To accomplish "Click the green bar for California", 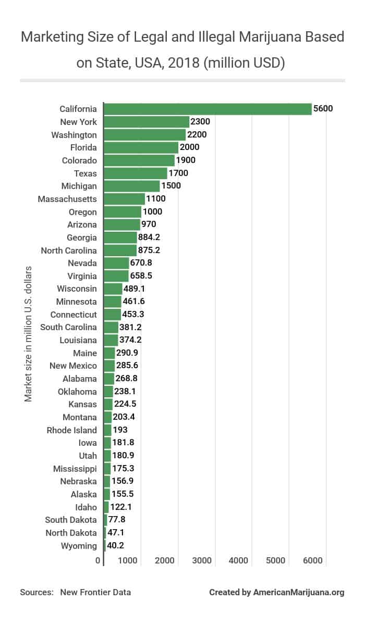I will pos(208,109).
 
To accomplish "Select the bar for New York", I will pos(147,122).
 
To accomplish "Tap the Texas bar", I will pos(136,173).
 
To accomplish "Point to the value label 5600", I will pos(322,109).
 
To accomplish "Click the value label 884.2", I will pos(149,237).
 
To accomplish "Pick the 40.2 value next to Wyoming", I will pos(115,546).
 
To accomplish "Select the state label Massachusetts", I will pos(67,199).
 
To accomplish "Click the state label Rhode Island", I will pos(71,430).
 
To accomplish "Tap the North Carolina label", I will pos(69,250).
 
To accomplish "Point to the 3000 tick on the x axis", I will pos(201,561).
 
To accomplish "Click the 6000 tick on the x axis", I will pos(312,561).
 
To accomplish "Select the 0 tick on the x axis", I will pos(98,561).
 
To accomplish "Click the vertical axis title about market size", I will pos(29,334).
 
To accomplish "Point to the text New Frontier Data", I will pos(95,592).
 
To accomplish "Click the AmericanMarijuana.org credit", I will pos(299,592).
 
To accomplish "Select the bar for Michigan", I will pos(132,186).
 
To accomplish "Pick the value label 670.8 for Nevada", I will pos(141,263).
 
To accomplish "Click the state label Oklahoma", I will pos(77,392).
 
